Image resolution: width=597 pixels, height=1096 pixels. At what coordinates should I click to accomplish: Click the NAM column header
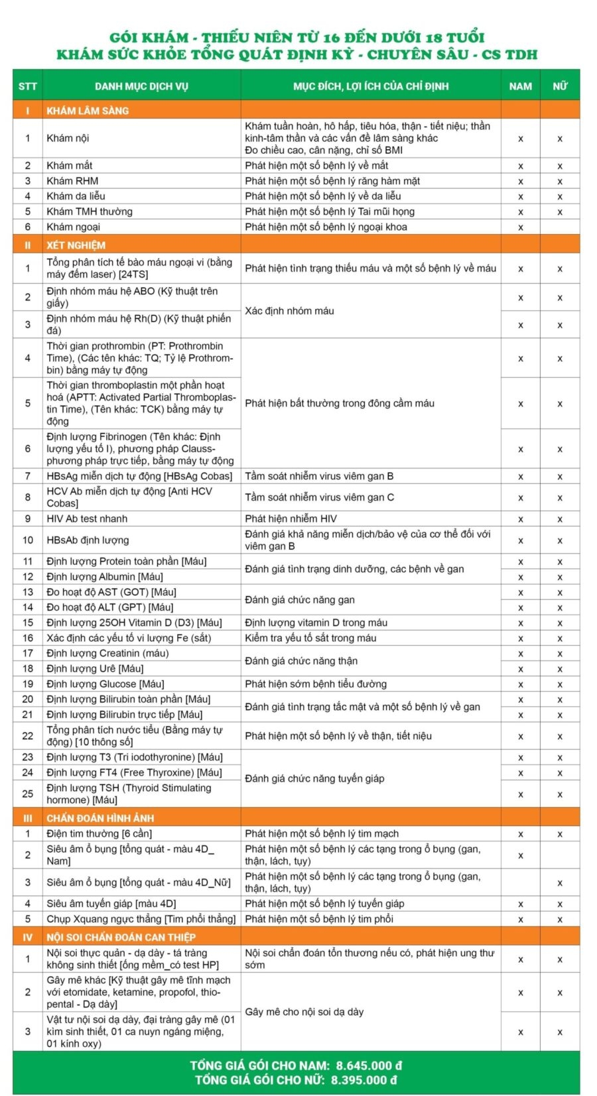520,86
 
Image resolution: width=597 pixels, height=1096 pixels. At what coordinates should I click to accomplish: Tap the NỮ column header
560,86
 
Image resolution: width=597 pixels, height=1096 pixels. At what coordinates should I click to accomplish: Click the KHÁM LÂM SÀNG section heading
88,111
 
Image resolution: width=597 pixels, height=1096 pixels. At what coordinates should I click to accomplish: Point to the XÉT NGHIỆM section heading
76,245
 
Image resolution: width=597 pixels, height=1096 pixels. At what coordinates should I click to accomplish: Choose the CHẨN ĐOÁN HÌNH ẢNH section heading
99,818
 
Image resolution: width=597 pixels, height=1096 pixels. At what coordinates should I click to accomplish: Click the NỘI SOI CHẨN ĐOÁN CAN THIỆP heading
121,937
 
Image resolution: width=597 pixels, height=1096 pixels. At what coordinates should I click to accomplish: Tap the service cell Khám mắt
70,166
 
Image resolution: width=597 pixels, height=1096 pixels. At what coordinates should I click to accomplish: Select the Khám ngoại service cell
73,227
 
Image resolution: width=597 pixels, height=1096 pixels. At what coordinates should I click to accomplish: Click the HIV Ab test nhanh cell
87,518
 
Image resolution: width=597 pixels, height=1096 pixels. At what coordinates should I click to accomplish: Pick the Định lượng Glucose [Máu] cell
105,684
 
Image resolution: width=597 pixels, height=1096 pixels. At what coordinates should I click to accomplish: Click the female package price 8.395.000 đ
364,1079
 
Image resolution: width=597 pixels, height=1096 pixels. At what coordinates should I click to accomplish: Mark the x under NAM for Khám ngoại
520,227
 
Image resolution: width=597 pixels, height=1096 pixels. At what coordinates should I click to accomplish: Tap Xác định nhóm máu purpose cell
289,311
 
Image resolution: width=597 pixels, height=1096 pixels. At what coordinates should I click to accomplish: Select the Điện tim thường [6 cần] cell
99,833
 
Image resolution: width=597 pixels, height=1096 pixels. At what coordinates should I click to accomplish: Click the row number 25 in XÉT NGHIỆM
28,794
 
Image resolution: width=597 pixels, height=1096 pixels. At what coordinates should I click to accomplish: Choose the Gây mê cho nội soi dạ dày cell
304,1012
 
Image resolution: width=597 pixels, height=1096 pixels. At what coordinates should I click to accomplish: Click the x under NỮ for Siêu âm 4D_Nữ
560,883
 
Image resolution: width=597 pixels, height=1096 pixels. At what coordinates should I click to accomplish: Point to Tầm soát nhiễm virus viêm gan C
319,497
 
